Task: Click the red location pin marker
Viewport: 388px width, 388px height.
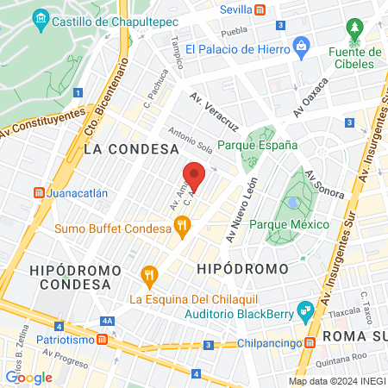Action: pyautogui.click(x=195, y=177)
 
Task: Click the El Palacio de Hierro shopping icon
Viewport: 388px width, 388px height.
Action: pyautogui.click(x=300, y=45)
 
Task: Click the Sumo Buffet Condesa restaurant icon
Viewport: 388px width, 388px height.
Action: pyautogui.click(x=181, y=228)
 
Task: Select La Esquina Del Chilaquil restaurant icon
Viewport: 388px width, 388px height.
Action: pyautogui.click(x=149, y=278)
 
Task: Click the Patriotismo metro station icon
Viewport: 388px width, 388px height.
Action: pyautogui.click(x=103, y=338)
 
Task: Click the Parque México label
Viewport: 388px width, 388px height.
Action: pyautogui.click(x=289, y=224)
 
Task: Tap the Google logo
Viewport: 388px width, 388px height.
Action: pyautogui.click(x=28, y=377)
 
